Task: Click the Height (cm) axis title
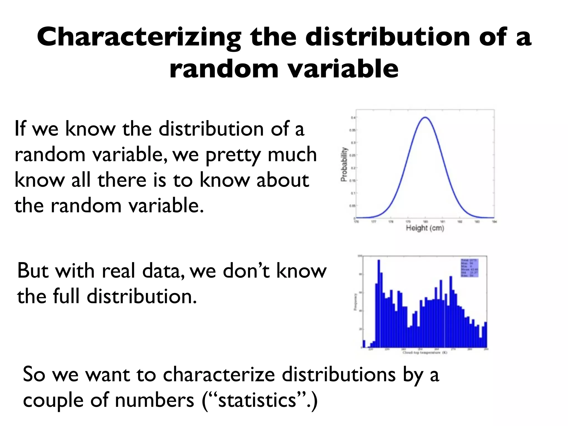(x=425, y=228)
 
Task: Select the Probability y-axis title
(x=344, y=164)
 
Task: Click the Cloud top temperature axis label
(x=425, y=353)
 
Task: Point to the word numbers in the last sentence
(x=154, y=400)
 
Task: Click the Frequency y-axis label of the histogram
(x=355, y=302)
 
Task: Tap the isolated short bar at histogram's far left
(x=364, y=344)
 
